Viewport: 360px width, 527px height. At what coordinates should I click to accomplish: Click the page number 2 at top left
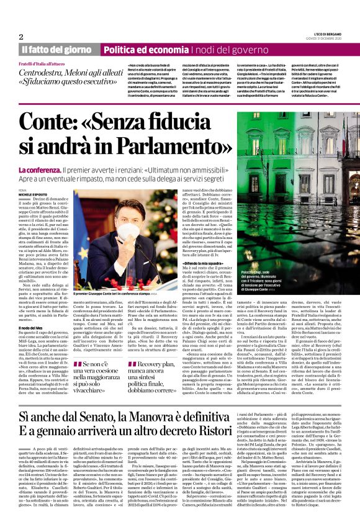21,37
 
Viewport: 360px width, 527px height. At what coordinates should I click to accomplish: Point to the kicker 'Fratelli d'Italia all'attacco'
49,64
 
